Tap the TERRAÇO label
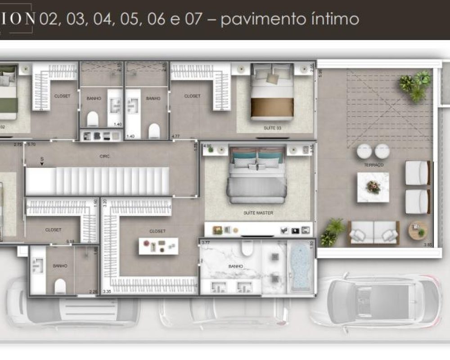click(x=374, y=165)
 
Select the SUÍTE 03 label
click(x=273, y=128)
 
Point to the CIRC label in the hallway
click(x=105, y=156)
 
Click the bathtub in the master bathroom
click(x=299, y=268)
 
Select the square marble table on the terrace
click(x=373, y=187)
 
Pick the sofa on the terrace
click(x=373, y=233)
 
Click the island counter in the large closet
click(x=158, y=246)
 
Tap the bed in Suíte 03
click(x=272, y=92)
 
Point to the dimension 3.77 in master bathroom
click(x=206, y=243)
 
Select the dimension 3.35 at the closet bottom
click(x=107, y=292)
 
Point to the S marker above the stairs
click(x=42, y=159)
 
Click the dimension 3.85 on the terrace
click(x=427, y=245)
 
